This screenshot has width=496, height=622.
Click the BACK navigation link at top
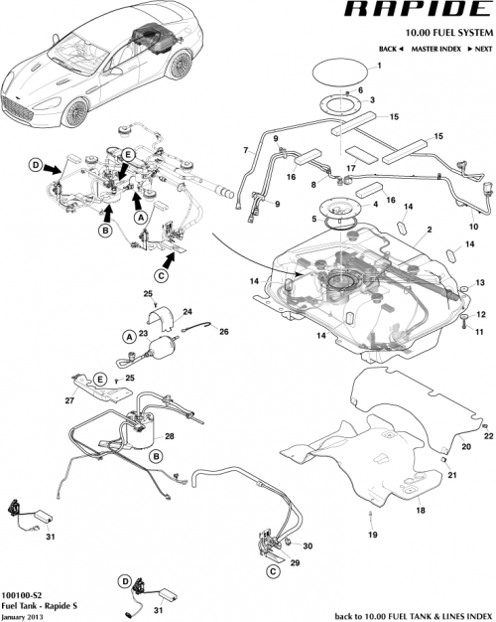tap(390, 48)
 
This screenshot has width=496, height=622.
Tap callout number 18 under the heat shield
tap(420, 509)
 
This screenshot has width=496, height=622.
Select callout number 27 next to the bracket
tap(69, 401)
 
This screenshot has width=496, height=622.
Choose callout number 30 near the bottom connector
tap(308, 546)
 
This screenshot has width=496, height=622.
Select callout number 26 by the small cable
tap(224, 331)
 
